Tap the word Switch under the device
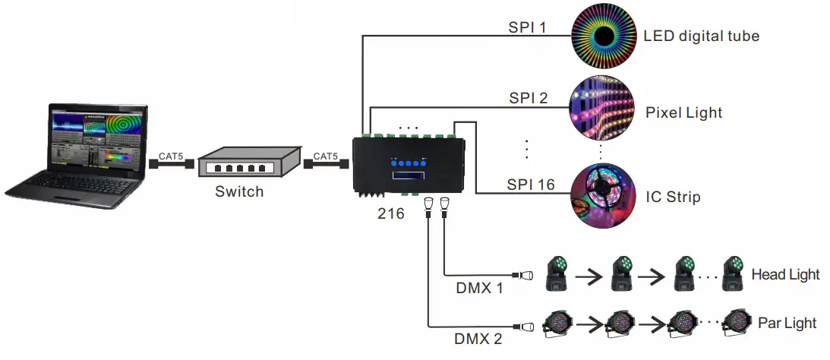click(x=238, y=191)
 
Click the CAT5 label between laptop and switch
click(x=171, y=156)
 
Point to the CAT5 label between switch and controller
click(x=326, y=156)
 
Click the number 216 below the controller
click(x=391, y=214)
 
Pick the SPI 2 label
click(x=527, y=98)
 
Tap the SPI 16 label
click(x=530, y=185)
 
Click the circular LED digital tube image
click(x=603, y=36)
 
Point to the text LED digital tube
click(x=701, y=36)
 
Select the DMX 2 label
click(x=480, y=339)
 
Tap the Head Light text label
click(x=785, y=274)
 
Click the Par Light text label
click(x=787, y=323)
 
